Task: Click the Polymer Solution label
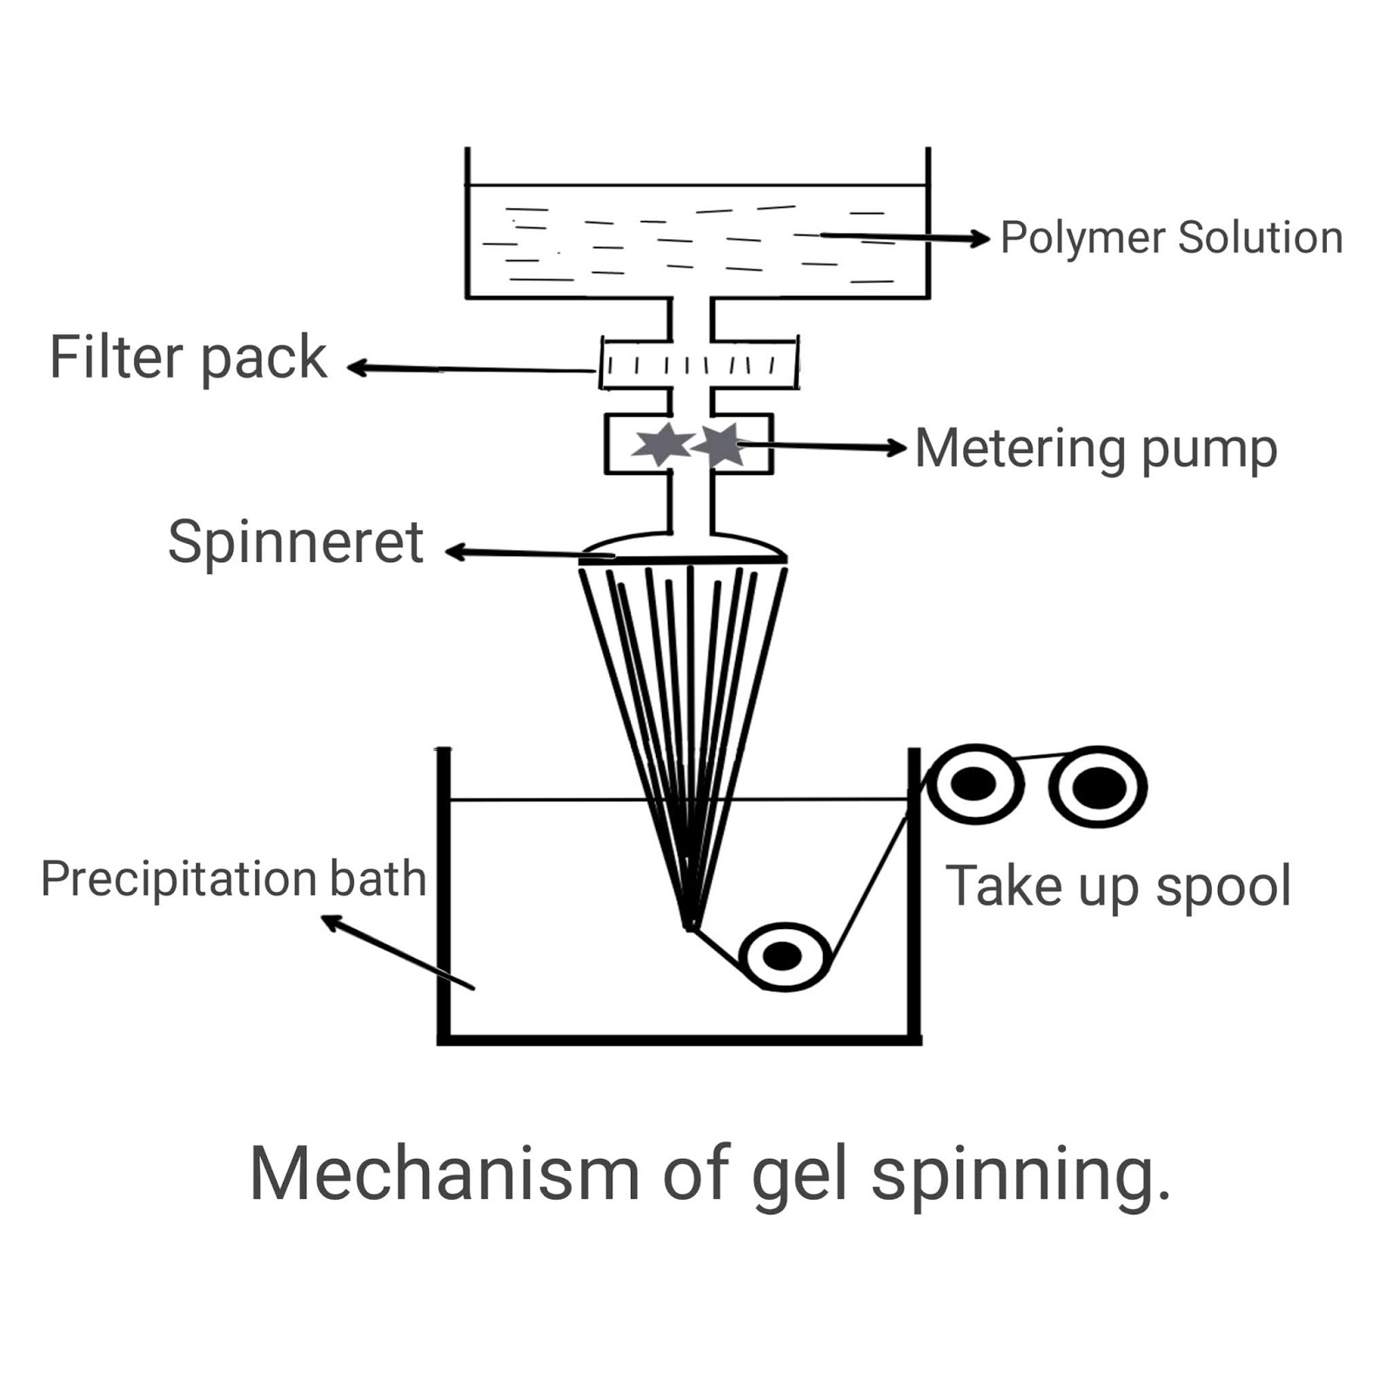tap(1171, 238)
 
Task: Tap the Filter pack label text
tap(188, 358)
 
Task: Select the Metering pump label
tap(1095, 449)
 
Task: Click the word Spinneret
tap(296, 543)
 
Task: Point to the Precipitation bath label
tap(233, 879)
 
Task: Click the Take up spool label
tap(1118, 887)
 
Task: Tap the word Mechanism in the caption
tap(445, 1174)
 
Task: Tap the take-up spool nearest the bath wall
tap(974, 785)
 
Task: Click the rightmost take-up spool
tap(1098, 786)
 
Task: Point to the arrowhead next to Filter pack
tap(355, 367)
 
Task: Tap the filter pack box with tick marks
tap(699, 365)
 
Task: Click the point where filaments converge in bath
tap(689, 926)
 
